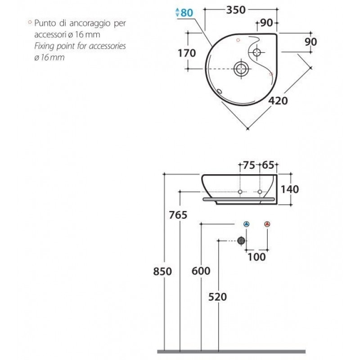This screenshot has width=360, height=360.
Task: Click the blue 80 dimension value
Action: click(187, 13)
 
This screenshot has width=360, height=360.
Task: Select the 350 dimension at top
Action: click(236, 10)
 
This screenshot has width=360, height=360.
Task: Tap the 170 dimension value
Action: click(187, 53)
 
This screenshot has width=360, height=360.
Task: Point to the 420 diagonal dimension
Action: click(278, 101)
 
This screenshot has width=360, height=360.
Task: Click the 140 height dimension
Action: click(290, 189)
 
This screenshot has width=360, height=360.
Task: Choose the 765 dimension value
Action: click(178, 215)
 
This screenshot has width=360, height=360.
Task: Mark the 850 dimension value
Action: click(162, 272)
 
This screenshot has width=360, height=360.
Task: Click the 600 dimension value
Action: click(201, 271)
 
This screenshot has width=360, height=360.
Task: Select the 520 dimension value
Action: click(217, 297)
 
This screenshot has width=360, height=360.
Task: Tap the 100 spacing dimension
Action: click(256, 257)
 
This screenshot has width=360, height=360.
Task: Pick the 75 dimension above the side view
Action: click(249, 165)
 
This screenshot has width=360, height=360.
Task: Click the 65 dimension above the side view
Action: click(268, 165)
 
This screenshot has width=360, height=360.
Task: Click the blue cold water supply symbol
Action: click(246, 224)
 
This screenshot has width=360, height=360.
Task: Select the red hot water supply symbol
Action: click(267, 224)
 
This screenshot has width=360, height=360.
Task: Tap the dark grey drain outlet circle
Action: click(241, 241)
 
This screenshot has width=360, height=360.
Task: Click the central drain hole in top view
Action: click(241, 69)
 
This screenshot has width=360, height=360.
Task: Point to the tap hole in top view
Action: click(256, 52)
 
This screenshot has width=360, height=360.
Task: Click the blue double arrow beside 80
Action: click(177, 13)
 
